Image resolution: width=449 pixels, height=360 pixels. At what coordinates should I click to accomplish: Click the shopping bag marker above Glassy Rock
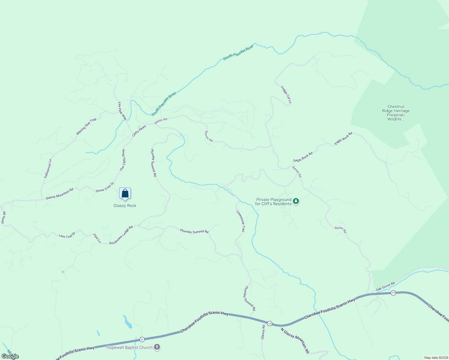pos(125,193)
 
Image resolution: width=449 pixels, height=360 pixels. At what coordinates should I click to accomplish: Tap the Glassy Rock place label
pos(125,205)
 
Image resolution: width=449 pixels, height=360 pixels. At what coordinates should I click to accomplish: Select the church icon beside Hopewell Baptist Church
pos(157,347)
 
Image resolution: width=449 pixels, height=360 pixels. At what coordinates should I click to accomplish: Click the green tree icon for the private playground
pos(296,201)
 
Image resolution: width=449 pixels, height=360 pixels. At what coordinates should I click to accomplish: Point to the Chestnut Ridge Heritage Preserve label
pos(396,113)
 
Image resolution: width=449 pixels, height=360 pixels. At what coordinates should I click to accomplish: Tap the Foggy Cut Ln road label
pos(286,95)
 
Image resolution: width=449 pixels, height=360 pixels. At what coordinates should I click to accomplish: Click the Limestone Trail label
pos(241,221)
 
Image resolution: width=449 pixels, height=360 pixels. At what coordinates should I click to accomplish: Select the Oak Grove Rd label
pos(385,286)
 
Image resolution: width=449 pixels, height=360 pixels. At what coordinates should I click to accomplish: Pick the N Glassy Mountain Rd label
pos(295,340)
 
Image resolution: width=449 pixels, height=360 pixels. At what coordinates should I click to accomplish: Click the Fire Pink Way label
pos(122,111)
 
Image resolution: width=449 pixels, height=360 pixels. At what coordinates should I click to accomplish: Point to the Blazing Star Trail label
pos(86,126)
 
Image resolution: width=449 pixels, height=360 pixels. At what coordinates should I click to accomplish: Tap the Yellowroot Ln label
pos(48,169)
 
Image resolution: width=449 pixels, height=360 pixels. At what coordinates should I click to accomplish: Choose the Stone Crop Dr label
pos(105,187)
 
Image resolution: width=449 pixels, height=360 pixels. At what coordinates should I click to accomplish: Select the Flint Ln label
pos(97,238)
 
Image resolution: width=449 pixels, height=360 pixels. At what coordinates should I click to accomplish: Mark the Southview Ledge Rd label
pos(121,235)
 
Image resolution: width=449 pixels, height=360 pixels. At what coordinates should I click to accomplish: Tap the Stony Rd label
pos(3,217)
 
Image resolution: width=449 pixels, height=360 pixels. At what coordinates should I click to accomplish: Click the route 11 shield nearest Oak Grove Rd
pos(393,293)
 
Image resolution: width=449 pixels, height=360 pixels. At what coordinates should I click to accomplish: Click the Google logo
pos(10,356)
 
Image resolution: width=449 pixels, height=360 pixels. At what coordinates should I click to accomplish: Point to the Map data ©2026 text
pos(436,358)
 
